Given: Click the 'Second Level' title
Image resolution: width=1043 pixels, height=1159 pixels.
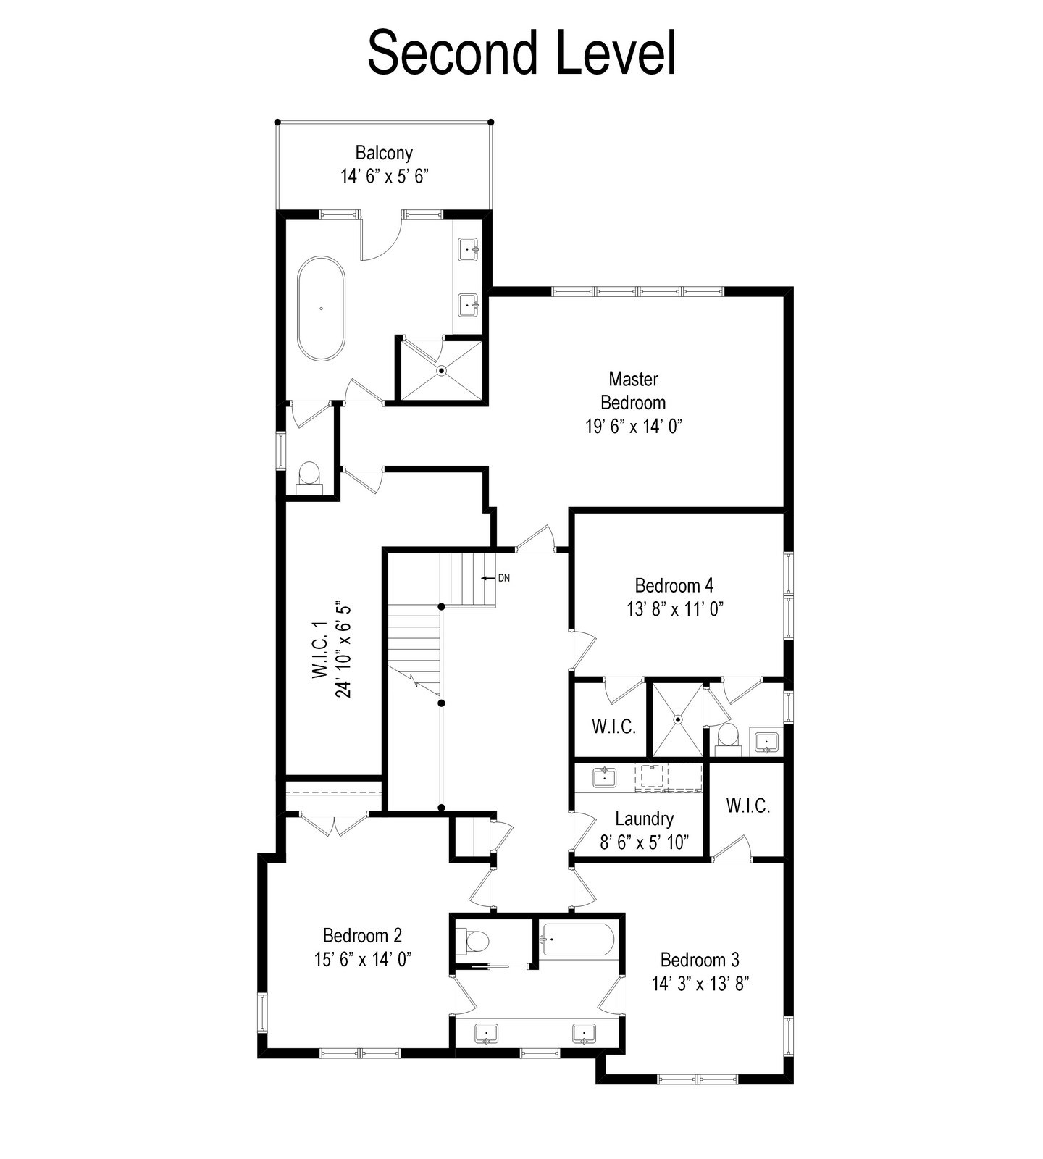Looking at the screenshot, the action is click(x=521, y=52).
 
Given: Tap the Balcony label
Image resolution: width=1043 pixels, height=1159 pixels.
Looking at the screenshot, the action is click(x=384, y=153).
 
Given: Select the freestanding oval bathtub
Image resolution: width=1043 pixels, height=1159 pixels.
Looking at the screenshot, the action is click(x=321, y=308).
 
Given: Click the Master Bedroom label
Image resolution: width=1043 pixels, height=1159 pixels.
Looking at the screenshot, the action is click(x=633, y=390).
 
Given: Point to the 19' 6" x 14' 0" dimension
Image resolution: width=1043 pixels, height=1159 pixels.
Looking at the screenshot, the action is click(x=634, y=426).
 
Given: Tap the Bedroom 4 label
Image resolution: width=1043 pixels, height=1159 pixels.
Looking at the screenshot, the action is click(x=674, y=585).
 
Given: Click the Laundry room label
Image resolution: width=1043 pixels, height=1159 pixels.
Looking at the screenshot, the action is click(x=644, y=819).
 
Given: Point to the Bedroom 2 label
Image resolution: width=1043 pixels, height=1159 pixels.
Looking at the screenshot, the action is click(x=362, y=935).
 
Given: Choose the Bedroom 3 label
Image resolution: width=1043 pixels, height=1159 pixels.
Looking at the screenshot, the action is click(x=700, y=960).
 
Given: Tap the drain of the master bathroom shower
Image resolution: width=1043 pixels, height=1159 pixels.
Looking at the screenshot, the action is click(x=441, y=371).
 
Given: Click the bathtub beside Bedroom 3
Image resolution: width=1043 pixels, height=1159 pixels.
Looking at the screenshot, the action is click(x=577, y=940).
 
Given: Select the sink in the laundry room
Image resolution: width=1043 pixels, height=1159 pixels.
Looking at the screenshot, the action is click(x=604, y=778).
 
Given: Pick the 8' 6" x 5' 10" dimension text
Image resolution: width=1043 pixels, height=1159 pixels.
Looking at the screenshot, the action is click(x=644, y=842).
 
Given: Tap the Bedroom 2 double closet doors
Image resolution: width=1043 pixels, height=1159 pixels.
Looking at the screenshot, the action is click(x=334, y=825).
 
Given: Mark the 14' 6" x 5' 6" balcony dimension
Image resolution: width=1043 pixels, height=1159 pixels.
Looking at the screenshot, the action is click(x=385, y=177).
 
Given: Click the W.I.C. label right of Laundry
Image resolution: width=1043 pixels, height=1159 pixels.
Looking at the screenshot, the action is click(x=747, y=806).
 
